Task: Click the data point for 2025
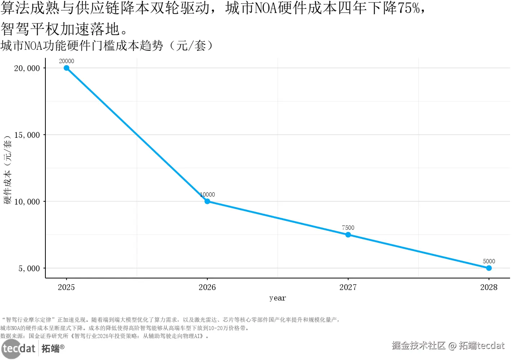[x=66, y=68]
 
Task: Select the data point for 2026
[x=207, y=201]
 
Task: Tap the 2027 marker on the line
[x=348, y=235]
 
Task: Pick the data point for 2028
[x=489, y=268]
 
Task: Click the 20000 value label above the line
[x=66, y=61]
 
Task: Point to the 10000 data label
[x=208, y=195]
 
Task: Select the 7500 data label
[x=348, y=228]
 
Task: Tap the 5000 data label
[x=489, y=261]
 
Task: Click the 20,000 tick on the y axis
[x=27, y=68]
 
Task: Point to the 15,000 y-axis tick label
[x=27, y=135]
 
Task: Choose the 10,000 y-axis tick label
[x=27, y=202]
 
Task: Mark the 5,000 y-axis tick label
[x=29, y=268]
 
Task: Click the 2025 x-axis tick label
[x=66, y=287]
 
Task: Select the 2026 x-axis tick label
[x=207, y=287]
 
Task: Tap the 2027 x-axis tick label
[x=348, y=287]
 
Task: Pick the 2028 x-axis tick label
[x=489, y=287]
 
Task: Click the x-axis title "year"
[x=278, y=298]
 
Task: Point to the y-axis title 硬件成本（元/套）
[x=8, y=170]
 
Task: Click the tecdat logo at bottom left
[x=19, y=348]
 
